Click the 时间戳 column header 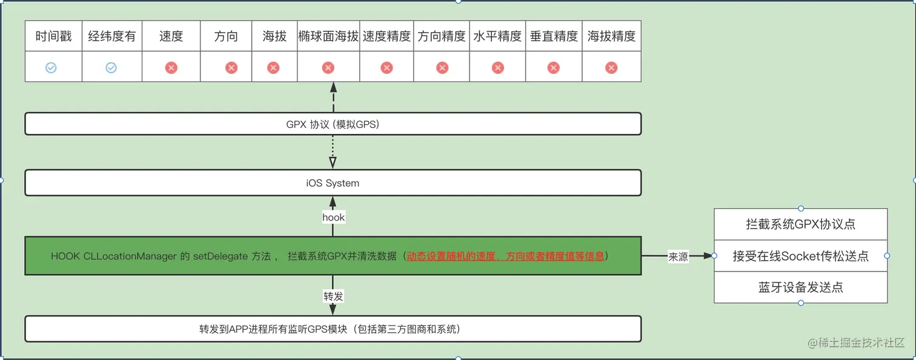[53, 36]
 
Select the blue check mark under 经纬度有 [111, 68]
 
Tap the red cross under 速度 [171, 68]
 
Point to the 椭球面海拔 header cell [328, 36]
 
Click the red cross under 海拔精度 [611, 68]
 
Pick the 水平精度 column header [497, 36]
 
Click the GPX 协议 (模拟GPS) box [333, 124]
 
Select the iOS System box [333, 183]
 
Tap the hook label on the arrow [333, 217]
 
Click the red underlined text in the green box [505, 256]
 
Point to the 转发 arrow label [333, 296]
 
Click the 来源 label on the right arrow [678, 257]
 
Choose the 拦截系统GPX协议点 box [800, 224]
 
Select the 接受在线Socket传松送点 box [800, 256]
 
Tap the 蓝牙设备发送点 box [800, 287]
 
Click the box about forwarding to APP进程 [333, 330]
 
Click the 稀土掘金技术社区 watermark [860, 343]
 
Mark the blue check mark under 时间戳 [51, 68]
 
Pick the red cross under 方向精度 [442, 68]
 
